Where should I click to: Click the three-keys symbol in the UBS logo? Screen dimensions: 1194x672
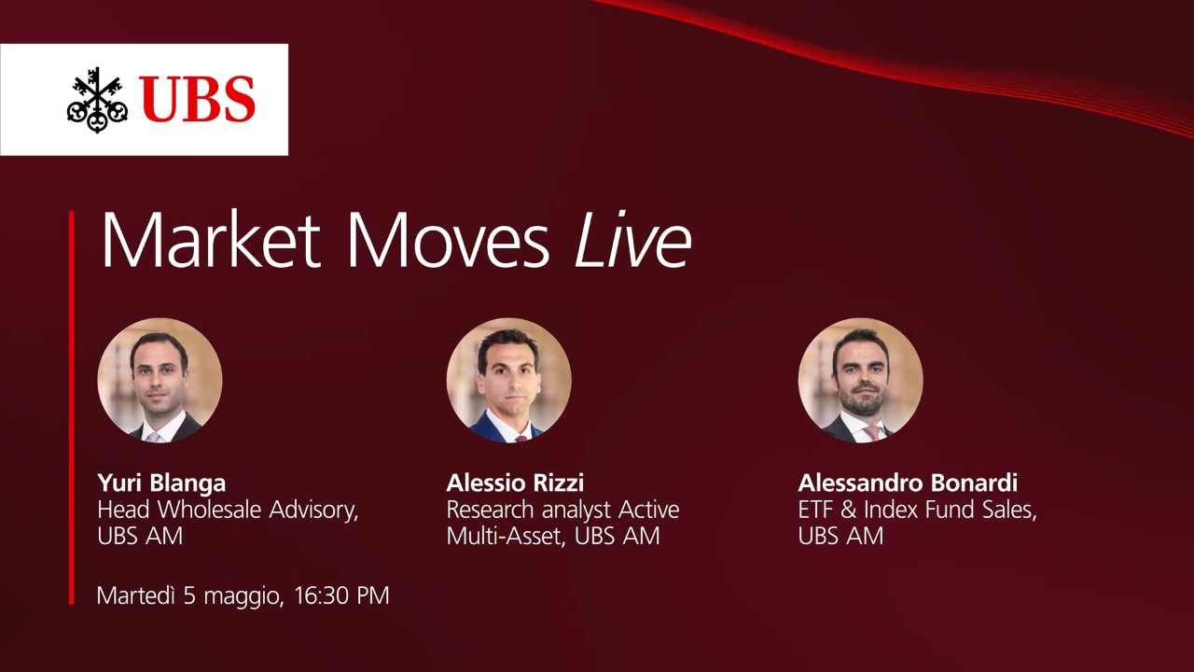point(97,100)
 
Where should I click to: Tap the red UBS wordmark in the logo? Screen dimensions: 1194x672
point(198,99)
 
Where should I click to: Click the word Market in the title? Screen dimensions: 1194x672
point(211,240)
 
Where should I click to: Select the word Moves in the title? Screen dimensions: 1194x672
point(449,240)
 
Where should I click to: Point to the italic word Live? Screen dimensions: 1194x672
point(633,240)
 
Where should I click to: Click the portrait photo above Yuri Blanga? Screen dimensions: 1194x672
point(160,380)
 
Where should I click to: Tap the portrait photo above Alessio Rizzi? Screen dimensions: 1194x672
point(509,380)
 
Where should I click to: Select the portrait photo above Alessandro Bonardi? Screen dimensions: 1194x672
point(861,380)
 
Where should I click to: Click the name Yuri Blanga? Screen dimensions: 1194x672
point(161,483)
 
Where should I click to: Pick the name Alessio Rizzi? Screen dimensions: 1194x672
point(515,483)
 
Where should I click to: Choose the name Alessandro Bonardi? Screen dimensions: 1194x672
point(908,483)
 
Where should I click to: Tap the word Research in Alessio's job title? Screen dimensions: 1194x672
point(491,510)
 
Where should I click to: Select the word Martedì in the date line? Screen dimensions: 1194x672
point(136,595)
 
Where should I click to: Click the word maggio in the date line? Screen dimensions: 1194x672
point(241,597)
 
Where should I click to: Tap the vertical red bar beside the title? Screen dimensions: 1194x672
point(72,408)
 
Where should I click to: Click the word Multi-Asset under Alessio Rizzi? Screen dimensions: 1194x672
point(506,536)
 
